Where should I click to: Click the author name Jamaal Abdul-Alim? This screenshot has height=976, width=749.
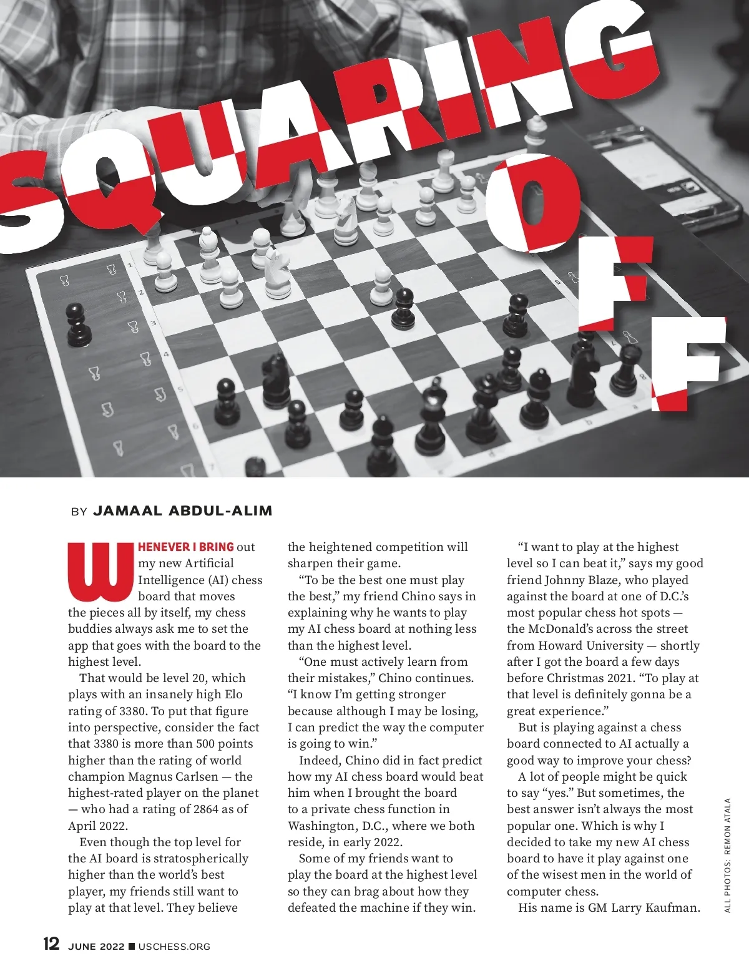point(182,511)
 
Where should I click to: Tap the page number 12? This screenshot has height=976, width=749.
point(51,943)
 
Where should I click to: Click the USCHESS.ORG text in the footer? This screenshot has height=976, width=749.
point(174,947)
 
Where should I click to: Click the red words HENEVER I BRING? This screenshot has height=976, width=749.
point(185,547)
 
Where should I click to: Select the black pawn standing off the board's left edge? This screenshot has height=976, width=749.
point(77,324)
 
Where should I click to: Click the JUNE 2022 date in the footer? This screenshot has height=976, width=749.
point(96,947)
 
